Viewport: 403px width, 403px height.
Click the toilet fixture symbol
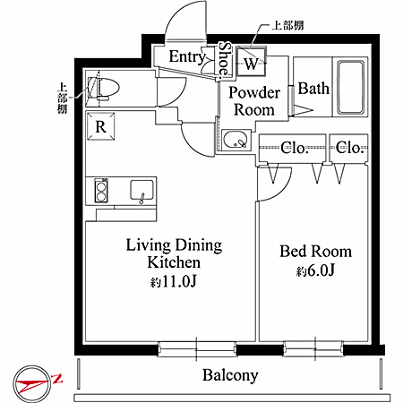[x=106, y=89]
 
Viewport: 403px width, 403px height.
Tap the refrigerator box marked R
[x=101, y=126]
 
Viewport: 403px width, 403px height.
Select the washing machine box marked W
[x=251, y=62]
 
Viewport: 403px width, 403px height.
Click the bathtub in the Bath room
[x=351, y=88]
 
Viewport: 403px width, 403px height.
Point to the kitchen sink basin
[x=141, y=190]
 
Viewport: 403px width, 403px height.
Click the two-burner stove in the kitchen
[x=101, y=190]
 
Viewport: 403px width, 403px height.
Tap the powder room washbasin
[x=235, y=140]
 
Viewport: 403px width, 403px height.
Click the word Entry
[x=187, y=57]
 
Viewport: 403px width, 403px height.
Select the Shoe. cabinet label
[x=225, y=59]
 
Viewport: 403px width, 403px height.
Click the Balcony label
[x=230, y=375]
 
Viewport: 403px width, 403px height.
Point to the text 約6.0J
[x=315, y=270]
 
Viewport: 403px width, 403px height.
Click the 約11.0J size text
[x=173, y=281]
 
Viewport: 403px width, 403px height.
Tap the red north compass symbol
[x=33, y=383]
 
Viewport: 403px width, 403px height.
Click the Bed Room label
[x=315, y=252]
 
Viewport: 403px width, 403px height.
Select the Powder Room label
[x=254, y=101]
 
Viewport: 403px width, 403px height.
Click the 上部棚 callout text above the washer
[x=287, y=26]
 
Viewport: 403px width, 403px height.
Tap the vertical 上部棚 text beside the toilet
[x=62, y=99]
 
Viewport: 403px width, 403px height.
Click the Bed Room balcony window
[x=313, y=348]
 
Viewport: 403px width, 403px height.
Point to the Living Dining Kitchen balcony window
[x=197, y=349]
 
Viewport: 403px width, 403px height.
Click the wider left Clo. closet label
[x=294, y=149]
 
